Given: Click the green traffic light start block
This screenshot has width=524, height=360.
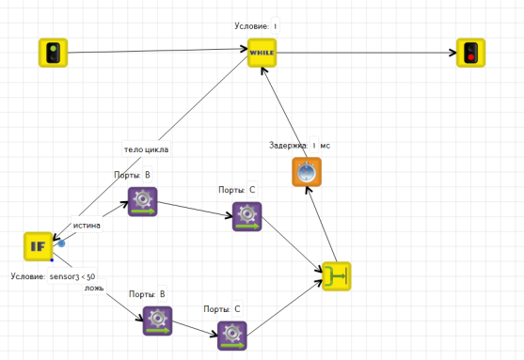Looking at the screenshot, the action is pos(53,53).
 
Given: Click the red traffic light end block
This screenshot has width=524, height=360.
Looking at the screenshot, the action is pos(471,53).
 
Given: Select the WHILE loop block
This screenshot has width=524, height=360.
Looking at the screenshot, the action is pos(262,53).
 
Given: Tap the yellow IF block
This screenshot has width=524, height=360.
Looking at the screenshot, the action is pos(38,246).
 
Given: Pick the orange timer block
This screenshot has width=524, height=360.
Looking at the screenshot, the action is pos(307,172).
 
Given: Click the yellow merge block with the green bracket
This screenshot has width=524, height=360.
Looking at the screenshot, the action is pos(337,276).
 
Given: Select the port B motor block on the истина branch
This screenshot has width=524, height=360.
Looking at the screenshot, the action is pos(143,202).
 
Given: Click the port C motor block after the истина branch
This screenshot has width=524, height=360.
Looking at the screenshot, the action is pos(247,216).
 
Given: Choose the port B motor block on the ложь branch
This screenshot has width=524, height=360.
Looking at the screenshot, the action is pos(157,321).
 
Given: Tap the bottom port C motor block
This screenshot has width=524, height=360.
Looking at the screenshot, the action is pos(232,336).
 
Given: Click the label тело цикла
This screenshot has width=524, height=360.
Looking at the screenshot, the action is pos(146,149).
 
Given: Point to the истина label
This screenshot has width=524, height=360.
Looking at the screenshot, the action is pos(87,226).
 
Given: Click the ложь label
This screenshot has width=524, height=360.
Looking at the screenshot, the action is pos(94,288).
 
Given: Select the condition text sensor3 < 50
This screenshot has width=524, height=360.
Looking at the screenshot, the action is pos(72,276).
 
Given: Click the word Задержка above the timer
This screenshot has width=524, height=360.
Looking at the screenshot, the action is pos(288,146).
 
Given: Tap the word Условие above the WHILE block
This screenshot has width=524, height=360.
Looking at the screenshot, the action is pos(251,26).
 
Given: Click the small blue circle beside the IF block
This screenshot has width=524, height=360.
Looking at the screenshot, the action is pos(61,243).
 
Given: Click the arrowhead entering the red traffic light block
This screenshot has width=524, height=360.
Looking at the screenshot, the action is pos(453,53).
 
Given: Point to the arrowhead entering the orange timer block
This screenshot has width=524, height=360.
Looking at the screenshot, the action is pos(309,191).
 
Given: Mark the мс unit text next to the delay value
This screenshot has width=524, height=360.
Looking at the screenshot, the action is pos(326,146).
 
